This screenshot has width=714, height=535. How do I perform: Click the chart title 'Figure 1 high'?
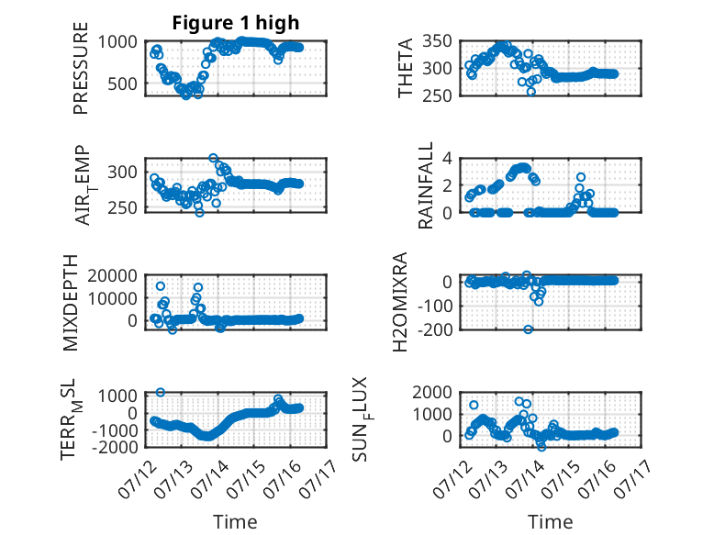point(236,22)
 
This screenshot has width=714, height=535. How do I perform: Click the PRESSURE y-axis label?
point(80,68)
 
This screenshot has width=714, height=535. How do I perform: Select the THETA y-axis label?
point(405,68)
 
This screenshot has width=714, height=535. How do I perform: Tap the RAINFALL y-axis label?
point(425,185)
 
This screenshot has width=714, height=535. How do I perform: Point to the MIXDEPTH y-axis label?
point(71,303)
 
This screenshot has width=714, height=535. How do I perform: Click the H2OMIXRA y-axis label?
point(400,302)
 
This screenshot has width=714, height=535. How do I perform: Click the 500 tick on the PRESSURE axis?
point(122,84)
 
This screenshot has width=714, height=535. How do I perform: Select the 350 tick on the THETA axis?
point(437,41)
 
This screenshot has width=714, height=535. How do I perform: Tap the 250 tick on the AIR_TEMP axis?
point(122,207)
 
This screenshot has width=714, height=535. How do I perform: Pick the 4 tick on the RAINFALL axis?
point(447,159)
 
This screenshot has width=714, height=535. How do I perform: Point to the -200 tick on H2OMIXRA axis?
point(434,329)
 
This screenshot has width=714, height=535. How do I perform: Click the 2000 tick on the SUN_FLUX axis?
point(432,392)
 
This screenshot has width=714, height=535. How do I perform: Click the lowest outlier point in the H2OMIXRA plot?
point(528,329)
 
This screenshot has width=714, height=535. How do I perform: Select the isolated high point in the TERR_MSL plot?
point(161,392)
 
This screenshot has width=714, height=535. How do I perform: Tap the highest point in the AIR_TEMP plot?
point(213,158)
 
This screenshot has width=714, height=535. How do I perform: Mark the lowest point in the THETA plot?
point(531,92)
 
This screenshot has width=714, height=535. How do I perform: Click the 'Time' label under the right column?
point(550,522)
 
